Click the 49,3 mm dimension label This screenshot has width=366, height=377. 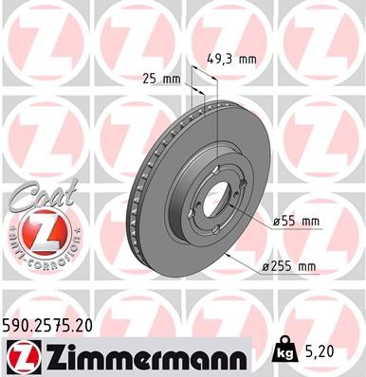[x=230, y=58]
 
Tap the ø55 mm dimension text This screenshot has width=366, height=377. [x=296, y=221]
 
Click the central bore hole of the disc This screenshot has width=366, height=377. [x=217, y=199]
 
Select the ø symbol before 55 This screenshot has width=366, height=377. [x=276, y=221]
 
